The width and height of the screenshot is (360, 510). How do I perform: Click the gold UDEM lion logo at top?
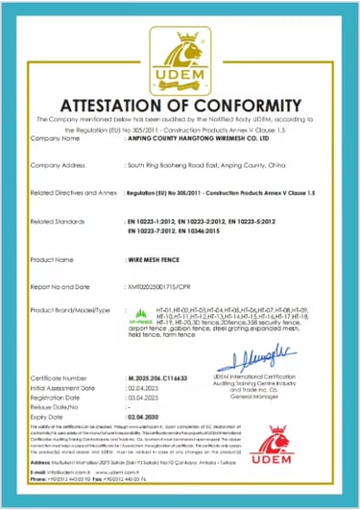pos(180,52)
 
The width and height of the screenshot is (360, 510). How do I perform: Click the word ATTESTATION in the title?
pos(126,105)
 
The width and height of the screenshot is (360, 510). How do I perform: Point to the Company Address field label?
pos(60,165)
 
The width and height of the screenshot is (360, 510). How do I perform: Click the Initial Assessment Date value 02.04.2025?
pos(141,388)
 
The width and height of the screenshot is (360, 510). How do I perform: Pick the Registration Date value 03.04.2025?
pos(141,397)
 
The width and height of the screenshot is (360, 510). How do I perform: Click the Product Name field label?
pos(53,259)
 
